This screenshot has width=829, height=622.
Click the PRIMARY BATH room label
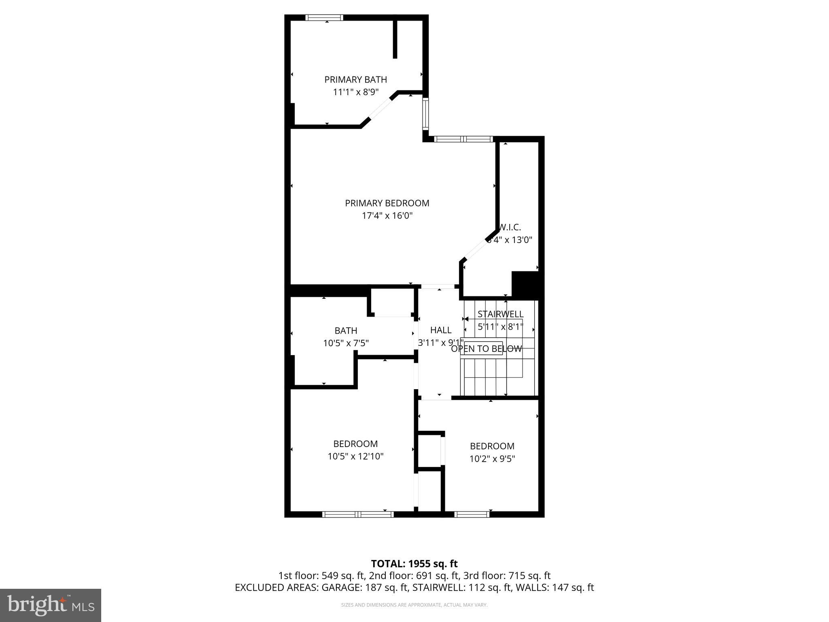tap(355, 80)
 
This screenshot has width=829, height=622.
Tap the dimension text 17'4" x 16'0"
tap(387, 215)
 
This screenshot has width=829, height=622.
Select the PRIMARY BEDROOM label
tap(387, 203)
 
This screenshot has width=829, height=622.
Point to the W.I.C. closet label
tap(510, 228)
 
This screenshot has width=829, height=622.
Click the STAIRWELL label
tap(500, 314)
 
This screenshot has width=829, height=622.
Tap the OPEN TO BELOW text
tap(487, 349)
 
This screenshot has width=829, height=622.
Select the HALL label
tap(441, 330)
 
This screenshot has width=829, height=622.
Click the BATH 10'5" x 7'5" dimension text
tap(346, 343)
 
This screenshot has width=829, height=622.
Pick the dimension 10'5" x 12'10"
tap(355, 456)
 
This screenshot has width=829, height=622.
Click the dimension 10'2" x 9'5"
tap(492, 459)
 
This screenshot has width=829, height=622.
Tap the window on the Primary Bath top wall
tap(324, 18)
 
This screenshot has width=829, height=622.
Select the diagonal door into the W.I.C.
tap(476, 249)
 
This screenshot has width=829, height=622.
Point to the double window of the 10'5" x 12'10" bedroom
tap(358, 514)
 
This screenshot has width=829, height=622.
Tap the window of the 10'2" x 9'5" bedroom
tap(472, 514)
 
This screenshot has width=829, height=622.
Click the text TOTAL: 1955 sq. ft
tap(414, 564)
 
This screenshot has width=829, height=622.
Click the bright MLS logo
tap(51, 605)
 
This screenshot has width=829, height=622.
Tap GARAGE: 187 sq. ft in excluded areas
tap(364, 588)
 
